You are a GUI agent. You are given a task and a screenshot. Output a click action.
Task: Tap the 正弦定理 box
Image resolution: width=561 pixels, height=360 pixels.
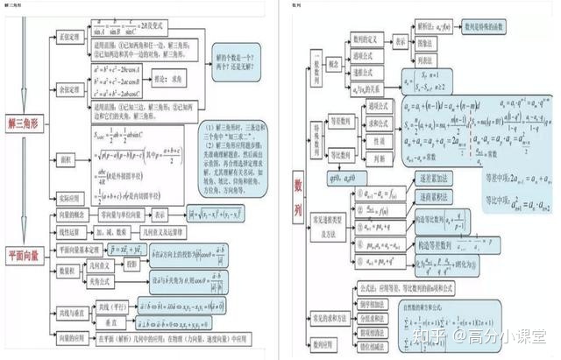pos(68,39)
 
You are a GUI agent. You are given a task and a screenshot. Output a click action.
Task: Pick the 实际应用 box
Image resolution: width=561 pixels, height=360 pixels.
pos(69,199)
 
